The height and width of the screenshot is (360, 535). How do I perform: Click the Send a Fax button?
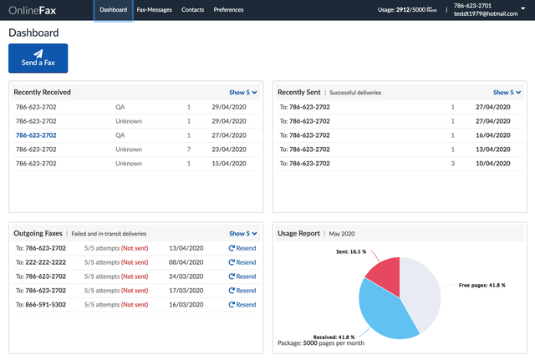[x=38, y=58]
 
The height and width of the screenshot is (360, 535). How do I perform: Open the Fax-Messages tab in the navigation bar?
[x=154, y=10]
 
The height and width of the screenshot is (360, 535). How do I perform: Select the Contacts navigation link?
[x=192, y=10]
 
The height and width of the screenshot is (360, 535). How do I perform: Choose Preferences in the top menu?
[x=228, y=10]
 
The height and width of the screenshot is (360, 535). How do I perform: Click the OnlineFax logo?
[x=32, y=10]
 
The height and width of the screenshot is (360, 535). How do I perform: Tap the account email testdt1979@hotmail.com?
[x=486, y=14]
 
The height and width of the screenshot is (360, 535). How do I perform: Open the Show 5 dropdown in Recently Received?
[x=243, y=93]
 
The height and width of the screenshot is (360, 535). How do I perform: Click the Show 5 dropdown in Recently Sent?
[x=507, y=93]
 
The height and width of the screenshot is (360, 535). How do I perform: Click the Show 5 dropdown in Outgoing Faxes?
[x=243, y=234]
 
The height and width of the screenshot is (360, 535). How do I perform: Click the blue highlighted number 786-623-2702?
[x=36, y=135]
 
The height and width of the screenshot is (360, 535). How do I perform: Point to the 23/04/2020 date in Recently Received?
[x=229, y=150]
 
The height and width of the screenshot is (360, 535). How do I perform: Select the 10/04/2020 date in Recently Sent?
[x=493, y=164]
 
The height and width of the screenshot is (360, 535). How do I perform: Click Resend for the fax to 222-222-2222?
[x=242, y=262]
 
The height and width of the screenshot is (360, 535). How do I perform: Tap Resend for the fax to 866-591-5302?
[x=242, y=305]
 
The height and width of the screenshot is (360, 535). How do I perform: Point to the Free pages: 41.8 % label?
[x=481, y=286]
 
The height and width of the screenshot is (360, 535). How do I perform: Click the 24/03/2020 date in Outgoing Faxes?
[x=186, y=276]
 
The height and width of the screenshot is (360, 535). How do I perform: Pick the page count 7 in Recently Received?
[x=189, y=150]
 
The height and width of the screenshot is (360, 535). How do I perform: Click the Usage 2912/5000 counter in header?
[x=407, y=10]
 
